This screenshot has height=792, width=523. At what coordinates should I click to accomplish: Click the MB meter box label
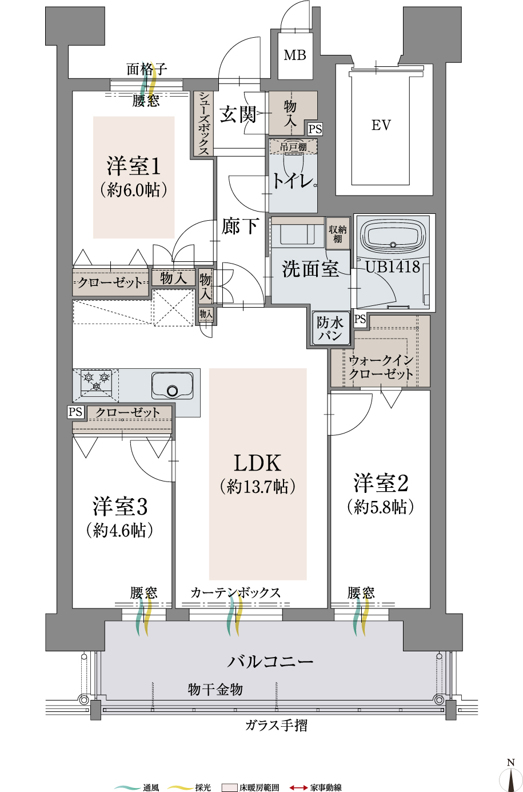click(x=295, y=55)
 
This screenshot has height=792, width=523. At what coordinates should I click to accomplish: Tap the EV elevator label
click(x=381, y=125)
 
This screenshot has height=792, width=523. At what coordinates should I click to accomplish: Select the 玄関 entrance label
click(x=237, y=114)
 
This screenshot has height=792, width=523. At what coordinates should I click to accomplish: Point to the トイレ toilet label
click(x=292, y=181)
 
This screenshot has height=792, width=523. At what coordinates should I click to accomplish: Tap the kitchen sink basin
click(x=172, y=385)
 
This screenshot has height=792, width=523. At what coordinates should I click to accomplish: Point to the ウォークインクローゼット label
click(x=381, y=367)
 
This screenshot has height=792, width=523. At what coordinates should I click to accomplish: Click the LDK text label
click(x=257, y=463)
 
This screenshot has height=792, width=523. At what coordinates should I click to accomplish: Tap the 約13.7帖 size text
click(x=257, y=487)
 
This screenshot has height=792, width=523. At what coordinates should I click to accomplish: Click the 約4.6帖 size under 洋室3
click(x=120, y=530)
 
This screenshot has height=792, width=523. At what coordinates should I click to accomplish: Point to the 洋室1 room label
click(x=134, y=166)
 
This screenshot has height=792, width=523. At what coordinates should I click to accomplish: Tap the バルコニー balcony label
click(x=270, y=662)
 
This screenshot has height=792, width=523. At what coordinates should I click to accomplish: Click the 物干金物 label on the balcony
click(x=215, y=690)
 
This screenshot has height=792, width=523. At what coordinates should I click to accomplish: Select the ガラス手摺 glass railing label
click(x=276, y=726)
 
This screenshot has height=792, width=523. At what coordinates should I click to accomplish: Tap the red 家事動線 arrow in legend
click(x=298, y=788)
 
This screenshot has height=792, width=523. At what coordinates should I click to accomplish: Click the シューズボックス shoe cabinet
click(x=203, y=123)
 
